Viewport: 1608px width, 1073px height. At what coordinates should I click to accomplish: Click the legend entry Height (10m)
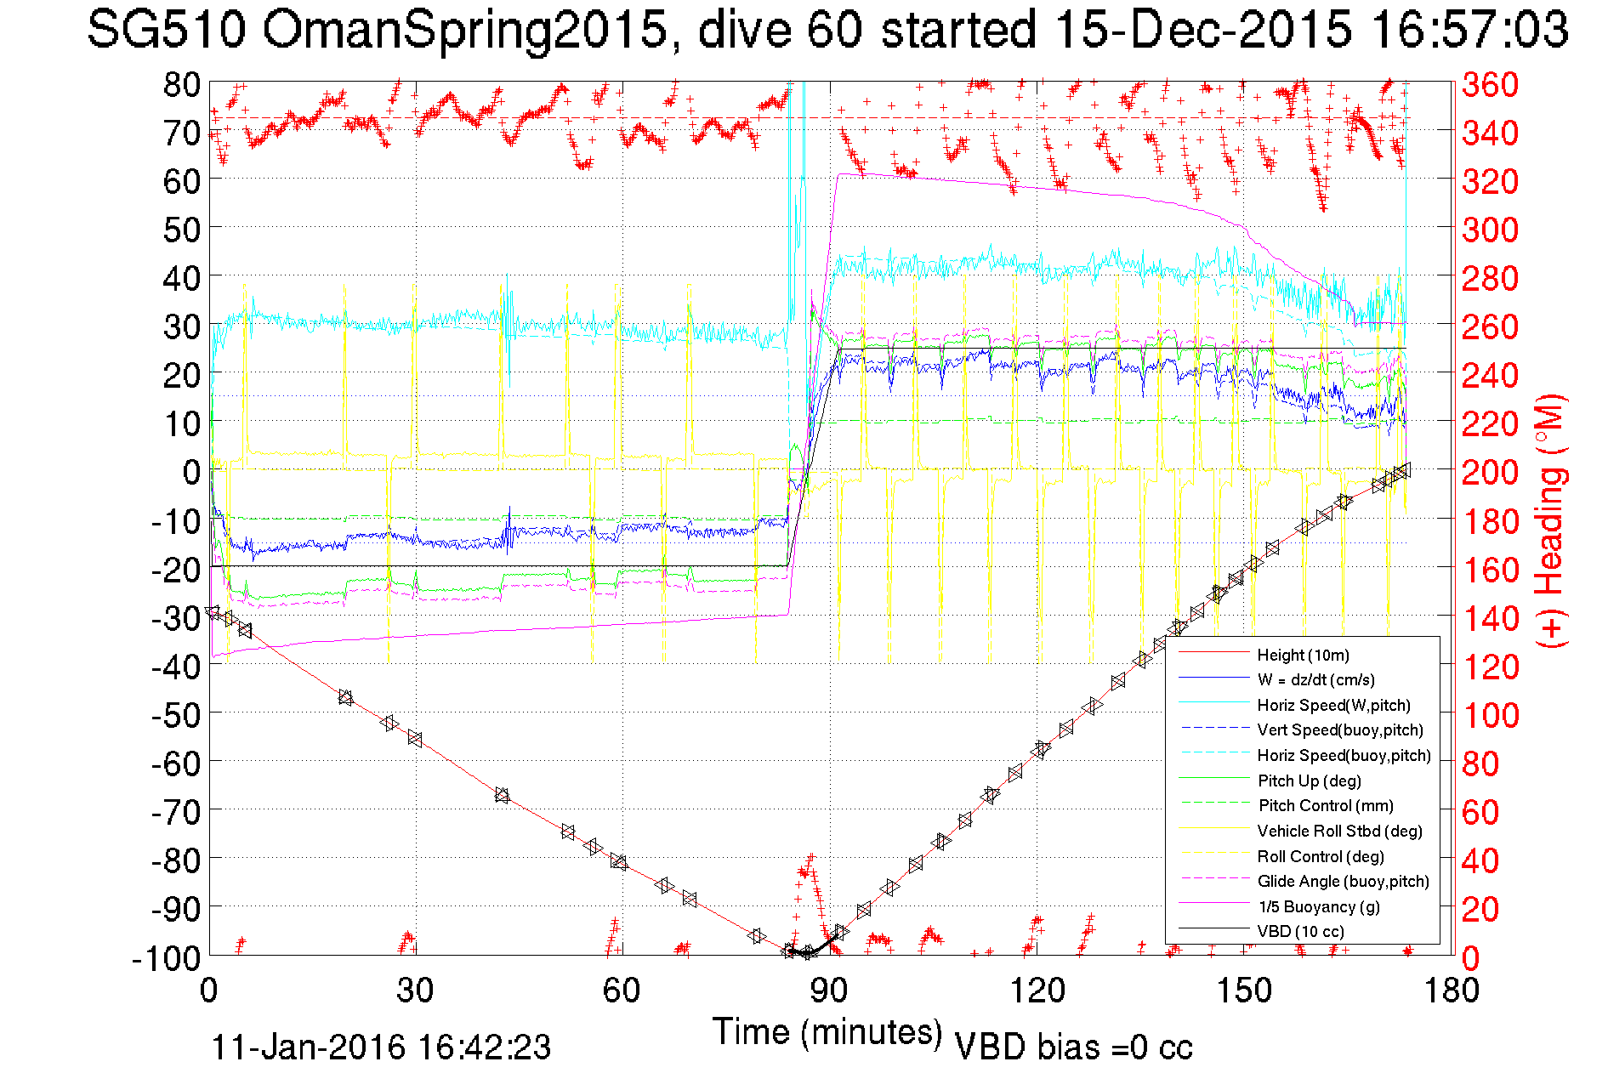click(x=1303, y=655)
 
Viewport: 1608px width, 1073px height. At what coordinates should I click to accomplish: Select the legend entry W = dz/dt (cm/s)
click(x=1315, y=679)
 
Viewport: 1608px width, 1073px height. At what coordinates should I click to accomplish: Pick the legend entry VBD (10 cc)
click(x=1300, y=931)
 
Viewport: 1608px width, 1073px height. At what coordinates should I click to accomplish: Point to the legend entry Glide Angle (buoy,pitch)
click(x=1343, y=881)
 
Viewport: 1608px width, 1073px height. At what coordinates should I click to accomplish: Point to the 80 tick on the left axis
click(x=181, y=84)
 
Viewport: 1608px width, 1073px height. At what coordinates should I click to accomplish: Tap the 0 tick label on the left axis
click(x=192, y=472)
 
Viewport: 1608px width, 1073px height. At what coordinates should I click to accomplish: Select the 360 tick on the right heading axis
click(x=1490, y=84)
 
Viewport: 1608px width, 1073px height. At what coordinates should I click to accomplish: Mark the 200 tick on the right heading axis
click(x=1490, y=472)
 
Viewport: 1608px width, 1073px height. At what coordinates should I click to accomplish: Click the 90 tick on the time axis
click(x=828, y=990)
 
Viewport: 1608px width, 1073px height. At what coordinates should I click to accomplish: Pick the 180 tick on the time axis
click(x=1450, y=990)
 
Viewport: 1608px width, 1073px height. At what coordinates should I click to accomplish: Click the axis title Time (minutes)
click(x=827, y=1032)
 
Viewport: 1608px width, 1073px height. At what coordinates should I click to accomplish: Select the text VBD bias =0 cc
click(x=1073, y=1047)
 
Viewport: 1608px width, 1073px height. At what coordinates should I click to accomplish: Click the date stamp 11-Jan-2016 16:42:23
click(x=380, y=1047)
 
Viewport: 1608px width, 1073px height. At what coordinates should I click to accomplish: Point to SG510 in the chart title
click(x=166, y=30)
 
